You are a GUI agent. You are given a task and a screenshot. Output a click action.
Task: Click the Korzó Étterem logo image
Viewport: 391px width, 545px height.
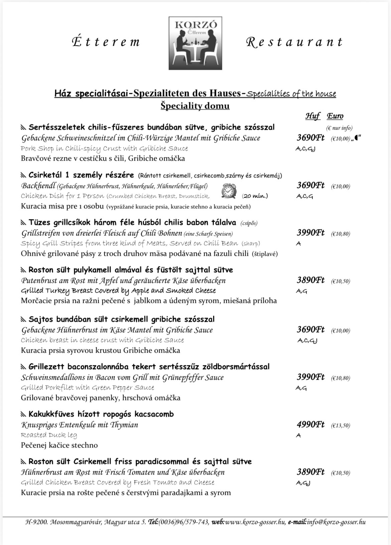[x=195, y=43]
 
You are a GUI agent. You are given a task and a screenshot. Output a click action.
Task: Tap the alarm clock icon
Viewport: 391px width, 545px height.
[x=229, y=191]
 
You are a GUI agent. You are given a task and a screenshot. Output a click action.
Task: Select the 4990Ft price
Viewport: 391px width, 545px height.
[x=310, y=424]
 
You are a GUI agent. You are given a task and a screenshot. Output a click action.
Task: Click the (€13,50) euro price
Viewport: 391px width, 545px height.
[x=341, y=425]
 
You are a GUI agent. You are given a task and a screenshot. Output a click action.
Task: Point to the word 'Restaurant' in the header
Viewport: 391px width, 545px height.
[x=294, y=42]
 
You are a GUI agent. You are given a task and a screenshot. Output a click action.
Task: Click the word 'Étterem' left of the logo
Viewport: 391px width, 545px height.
[x=106, y=42]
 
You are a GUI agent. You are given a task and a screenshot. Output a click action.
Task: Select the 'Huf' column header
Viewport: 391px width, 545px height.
[x=312, y=116]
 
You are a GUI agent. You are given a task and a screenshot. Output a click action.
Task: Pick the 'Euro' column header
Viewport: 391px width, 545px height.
[x=335, y=116]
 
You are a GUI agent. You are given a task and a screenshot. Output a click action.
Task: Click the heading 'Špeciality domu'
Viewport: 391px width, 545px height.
[x=195, y=106]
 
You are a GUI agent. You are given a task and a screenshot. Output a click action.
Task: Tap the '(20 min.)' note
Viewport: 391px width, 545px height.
[x=255, y=196]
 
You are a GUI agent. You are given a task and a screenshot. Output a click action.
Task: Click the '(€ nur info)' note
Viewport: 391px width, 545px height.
[x=339, y=128]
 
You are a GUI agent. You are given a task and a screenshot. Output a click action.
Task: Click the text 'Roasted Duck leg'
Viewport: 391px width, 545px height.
[x=49, y=435]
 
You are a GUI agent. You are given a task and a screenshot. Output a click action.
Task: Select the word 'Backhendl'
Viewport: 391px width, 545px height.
[x=38, y=186]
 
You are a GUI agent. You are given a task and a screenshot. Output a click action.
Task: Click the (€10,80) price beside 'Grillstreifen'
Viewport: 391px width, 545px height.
[x=341, y=234]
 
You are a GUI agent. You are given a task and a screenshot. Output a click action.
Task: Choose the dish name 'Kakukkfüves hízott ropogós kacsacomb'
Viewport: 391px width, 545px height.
[x=101, y=414]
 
